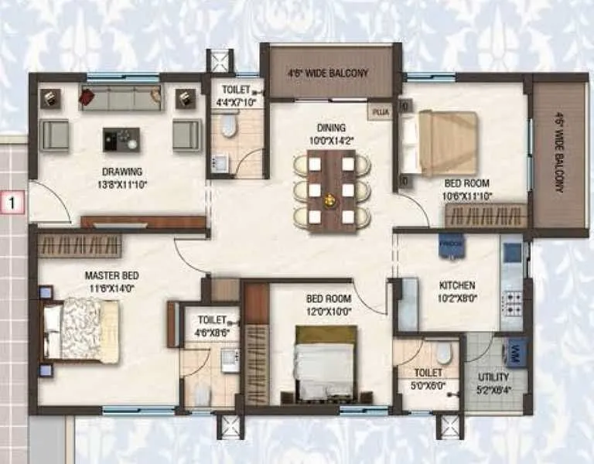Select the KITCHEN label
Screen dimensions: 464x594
pyautogui.click(x=456, y=285)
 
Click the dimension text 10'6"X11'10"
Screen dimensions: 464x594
pyautogui.click(x=466, y=195)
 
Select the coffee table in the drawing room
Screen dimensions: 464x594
pyautogui.click(x=121, y=139)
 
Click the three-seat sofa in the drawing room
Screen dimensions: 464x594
pyautogui.click(x=120, y=97)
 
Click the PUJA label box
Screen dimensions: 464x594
pyautogui.click(x=380, y=112)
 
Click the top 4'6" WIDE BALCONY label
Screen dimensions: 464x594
pyautogui.click(x=329, y=73)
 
